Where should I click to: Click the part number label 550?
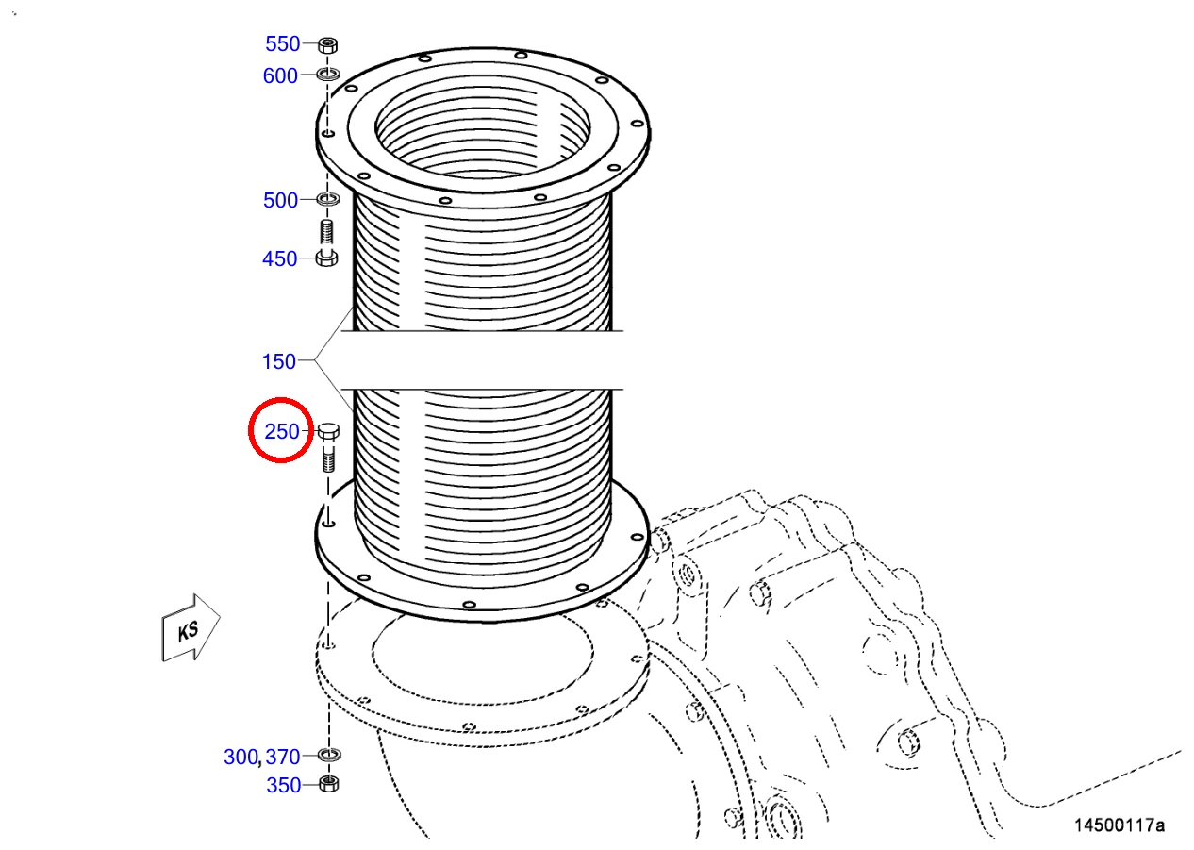283,43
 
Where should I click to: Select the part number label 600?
280,75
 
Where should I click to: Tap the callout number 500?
280,201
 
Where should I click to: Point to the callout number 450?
279,259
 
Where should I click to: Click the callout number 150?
279,362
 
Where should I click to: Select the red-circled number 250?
282,431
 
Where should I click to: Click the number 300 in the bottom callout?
240,758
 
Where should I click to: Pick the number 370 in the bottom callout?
283,758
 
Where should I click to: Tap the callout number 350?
284,786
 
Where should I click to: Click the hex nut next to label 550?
328,44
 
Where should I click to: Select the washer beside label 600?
328,75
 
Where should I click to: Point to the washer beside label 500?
328,199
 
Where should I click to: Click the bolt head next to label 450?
326,258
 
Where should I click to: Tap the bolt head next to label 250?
328,431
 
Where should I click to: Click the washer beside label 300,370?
329,755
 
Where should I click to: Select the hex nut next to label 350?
329,784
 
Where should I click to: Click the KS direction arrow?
191,628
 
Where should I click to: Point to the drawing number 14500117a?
1119,825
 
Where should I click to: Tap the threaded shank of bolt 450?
326,234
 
